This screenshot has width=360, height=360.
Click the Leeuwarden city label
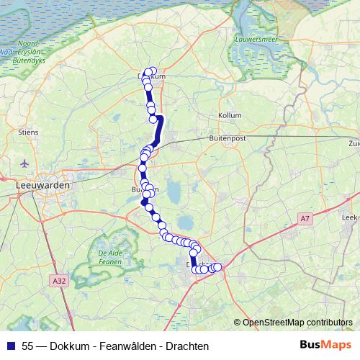pyautogui.click(x=42, y=185)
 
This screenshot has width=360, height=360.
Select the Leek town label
pyautogui.click(x=350, y=215)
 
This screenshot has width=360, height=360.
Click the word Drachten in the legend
pyautogui.click(x=186, y=346)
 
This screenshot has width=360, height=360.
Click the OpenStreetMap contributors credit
pyautogui.click(x=297, y=323)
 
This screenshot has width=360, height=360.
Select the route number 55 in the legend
pyautogui.click(x=27, y=346)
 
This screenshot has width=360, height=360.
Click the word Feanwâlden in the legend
pyautogui.click(x=127, y=346)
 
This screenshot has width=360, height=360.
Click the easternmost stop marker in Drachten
pyautogui.click(x=217, y=268)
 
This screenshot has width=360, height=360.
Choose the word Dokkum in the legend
pyautogui.click(x=67, y=346)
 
